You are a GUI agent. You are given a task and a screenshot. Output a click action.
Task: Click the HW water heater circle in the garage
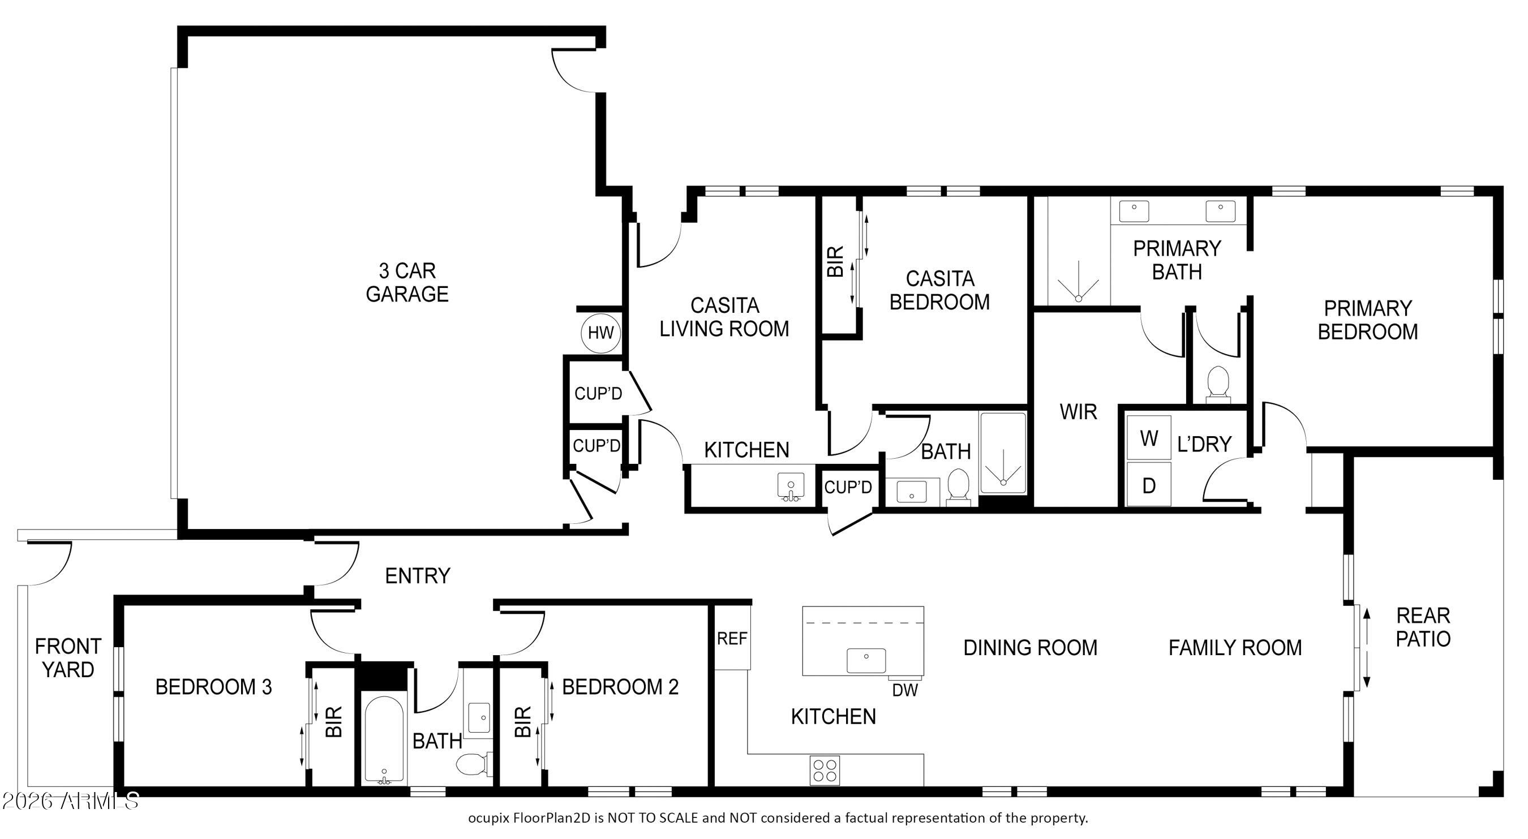(600, 333)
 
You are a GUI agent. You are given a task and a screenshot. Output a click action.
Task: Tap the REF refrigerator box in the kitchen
(732, 638)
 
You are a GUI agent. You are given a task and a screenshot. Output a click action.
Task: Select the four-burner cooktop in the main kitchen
(825, 770)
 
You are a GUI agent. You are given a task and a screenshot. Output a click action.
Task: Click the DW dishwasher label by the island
(904, 690)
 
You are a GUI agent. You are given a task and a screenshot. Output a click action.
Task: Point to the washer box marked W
(1149, 438)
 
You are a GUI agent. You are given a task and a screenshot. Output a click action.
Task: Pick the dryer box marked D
(1149, 485)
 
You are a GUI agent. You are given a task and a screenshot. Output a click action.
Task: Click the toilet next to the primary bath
(1218, 383)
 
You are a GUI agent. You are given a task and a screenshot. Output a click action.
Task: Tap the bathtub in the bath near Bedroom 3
(384, 738)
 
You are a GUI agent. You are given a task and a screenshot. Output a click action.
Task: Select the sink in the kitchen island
(866, 660)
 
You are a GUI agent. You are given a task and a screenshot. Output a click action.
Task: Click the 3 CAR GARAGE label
(407, 282)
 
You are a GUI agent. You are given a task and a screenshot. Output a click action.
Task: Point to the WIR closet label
(1078, 411)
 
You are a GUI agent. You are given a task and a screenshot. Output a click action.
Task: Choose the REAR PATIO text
(1422, 627)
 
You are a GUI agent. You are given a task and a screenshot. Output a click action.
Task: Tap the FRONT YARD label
(67, 657)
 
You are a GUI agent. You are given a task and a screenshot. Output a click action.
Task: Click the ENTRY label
(418, 575)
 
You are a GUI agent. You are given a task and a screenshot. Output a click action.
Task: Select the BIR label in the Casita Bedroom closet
(835, 261)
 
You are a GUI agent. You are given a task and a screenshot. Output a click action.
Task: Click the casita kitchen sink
(791, 486)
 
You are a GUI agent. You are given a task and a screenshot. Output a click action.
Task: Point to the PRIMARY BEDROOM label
(1367, 320)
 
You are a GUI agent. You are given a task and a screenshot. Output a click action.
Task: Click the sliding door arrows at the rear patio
(1366, 647)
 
